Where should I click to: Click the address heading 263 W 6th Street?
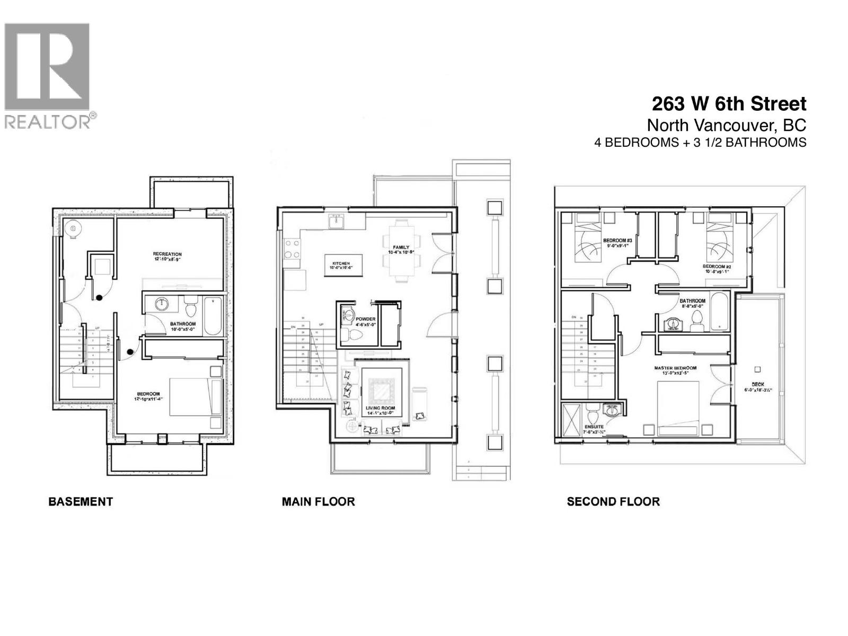pos(729,104)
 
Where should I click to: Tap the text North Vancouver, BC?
pos(726,125)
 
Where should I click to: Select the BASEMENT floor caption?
pos(81,501)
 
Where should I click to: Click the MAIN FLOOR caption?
pos(318,501)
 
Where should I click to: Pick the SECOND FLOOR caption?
pos(613,501)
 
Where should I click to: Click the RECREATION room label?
pos(167,254)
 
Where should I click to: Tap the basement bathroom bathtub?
pos(213,316)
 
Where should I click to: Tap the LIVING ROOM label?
pos(380,408)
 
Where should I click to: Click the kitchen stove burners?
pos(292,249)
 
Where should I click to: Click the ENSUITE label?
pos(594,427)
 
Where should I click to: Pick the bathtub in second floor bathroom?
pos(719,312)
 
